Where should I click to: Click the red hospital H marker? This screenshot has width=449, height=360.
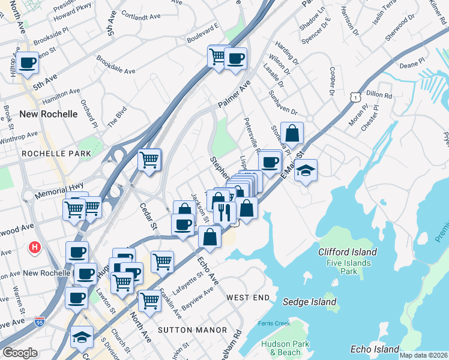click(35, 246)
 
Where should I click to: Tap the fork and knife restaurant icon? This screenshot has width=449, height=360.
click(224, 212)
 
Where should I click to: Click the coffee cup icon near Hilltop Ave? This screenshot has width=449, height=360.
click(26, 62)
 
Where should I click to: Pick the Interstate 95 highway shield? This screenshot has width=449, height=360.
click(40, 322)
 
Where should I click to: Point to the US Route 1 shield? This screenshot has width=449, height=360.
click(357, 96)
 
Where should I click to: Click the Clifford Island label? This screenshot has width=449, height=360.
click(348, 253)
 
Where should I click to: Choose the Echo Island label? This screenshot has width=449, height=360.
click(375, 349)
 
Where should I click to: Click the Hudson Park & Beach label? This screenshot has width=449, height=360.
click(281, 348)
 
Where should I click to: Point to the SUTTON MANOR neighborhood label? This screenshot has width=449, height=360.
click(192, 330)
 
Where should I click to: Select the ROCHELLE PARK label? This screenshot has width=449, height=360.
click(56, 154)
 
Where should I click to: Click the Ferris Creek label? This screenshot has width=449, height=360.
click(274, 324)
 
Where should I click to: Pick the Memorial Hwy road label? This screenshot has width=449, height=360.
click(59, 192)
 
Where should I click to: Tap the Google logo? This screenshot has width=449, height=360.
click(20, 353)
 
